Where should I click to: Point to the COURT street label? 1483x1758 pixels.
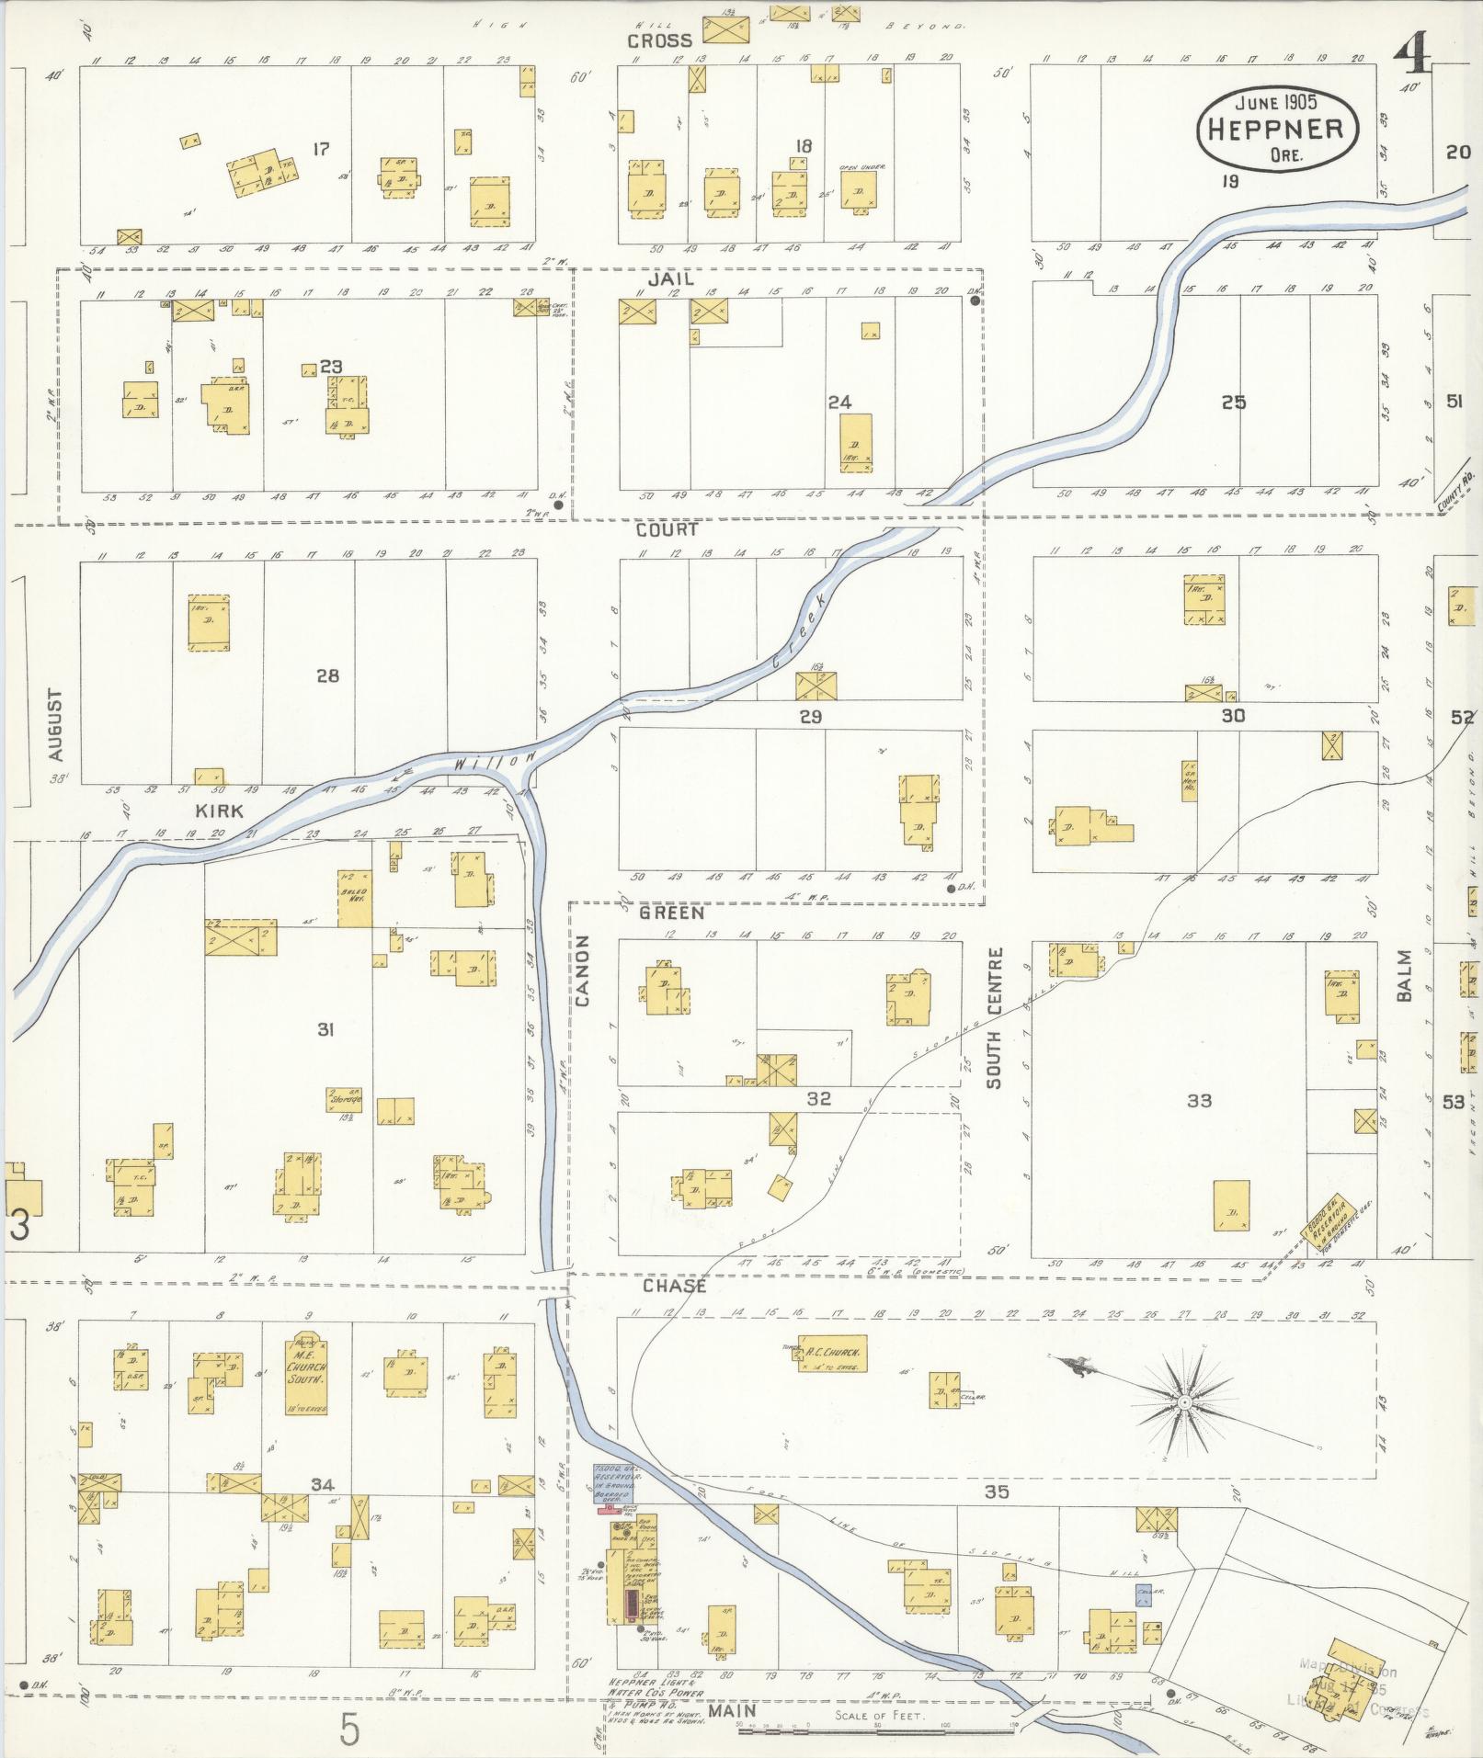click(x=667, y=530)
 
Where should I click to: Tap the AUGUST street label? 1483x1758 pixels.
click(x=56, y=725)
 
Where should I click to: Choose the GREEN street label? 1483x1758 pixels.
click(x=672, y=913)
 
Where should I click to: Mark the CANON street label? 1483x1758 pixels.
click(x=585, y=977)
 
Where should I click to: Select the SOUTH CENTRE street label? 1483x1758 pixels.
click(x=995, y=1017)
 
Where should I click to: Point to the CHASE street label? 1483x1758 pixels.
click(x=674, y=1286)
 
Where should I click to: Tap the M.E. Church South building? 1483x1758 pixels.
click(x=306, y=1374)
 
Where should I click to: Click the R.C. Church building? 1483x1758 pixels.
click(x=832, y=1353)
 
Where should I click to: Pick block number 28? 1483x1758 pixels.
click(x=327, y=675)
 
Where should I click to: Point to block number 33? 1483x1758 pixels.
click(x=1199, y=1101)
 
